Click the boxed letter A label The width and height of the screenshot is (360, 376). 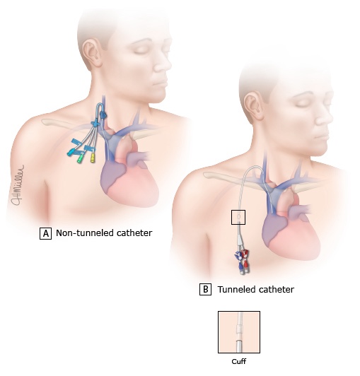(45, 233)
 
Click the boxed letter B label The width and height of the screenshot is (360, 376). (205, 289)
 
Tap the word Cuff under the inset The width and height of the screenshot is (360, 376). (239, 361)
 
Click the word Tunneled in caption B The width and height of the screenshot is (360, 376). (236, 290)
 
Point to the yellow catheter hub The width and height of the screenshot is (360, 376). (93, 158)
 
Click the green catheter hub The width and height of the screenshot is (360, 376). (80, 158)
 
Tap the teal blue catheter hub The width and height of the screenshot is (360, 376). (71, 153)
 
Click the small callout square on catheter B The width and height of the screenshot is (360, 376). (238, 217)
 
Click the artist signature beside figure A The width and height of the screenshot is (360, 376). (18, 185)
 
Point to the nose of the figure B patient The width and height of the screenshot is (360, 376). (324, 117)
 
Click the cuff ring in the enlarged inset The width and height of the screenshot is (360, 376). (239, 329)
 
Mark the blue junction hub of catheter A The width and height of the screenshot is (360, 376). (95, 123)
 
